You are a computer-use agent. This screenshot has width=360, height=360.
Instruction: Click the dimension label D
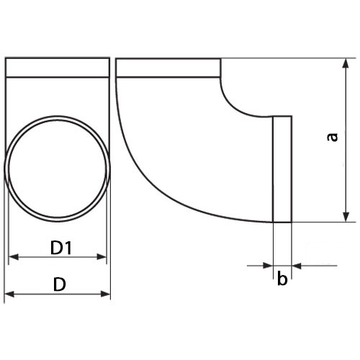coord(60,284)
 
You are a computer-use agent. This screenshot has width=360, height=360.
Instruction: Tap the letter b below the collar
coord(282,279)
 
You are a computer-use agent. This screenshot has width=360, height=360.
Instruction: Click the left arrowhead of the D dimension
coord(9,294)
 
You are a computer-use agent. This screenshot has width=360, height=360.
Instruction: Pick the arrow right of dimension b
coord(298,266)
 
